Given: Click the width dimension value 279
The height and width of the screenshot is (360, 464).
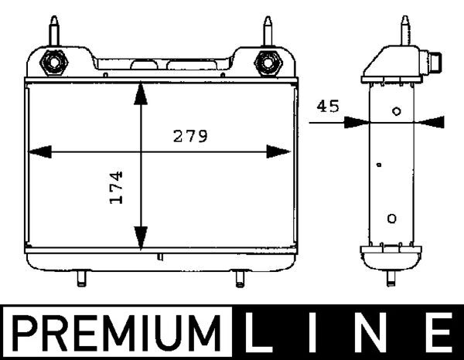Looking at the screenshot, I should (x=189, y=137).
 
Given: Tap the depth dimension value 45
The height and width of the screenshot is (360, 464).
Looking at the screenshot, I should (x=328, y=107).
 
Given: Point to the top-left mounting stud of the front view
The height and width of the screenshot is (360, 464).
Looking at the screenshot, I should (x=56, y=31).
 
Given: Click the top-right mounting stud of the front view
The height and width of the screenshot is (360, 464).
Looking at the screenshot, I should (x=268, y=31).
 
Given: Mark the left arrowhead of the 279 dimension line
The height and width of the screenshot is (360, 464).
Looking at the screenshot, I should (x=39, y=151).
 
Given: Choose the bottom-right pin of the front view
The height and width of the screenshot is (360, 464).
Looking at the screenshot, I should (x=239, y=278).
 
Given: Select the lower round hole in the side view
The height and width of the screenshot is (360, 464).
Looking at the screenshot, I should (x=392, y=218).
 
